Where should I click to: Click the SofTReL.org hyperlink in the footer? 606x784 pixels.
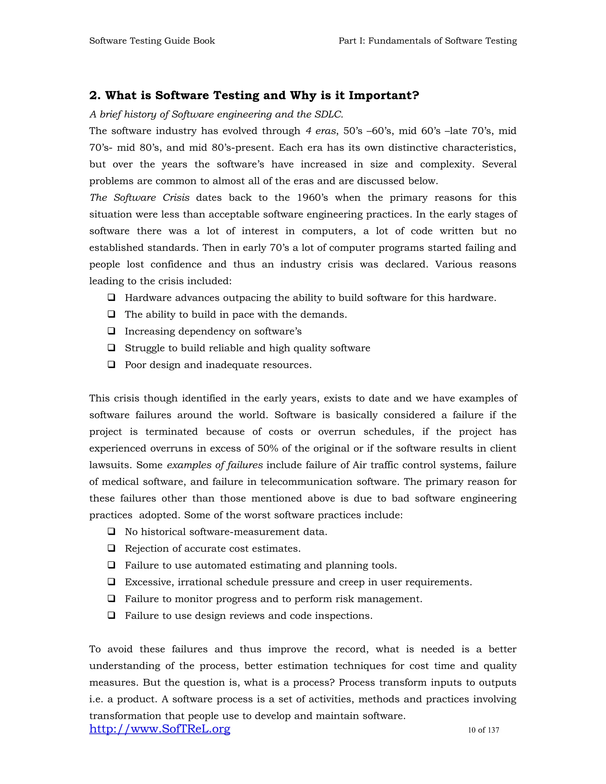(x=160, y=729)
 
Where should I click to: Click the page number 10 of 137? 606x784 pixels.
(x=483, y=730)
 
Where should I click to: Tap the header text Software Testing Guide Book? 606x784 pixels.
(x=152, y=41)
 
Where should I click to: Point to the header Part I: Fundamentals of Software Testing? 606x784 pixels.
(x=427, y=41)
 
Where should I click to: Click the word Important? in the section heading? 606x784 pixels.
(x=384, y=96)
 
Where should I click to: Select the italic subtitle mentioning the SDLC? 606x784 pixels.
(x=216, y=114)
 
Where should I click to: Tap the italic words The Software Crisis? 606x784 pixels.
(x=139, y=198)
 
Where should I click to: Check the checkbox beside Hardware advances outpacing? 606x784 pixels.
(x=112, y=298)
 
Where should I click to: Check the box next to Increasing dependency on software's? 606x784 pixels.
(x=112, y=331)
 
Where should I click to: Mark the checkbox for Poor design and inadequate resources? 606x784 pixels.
(x=112, y=365)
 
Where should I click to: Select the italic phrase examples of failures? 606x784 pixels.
(x=215, y=465)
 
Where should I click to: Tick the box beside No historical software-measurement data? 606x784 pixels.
(x=112, y=532)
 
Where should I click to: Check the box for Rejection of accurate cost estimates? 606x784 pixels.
(x=112, y=549)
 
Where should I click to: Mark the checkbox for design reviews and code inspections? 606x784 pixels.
(x=112, y=616)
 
